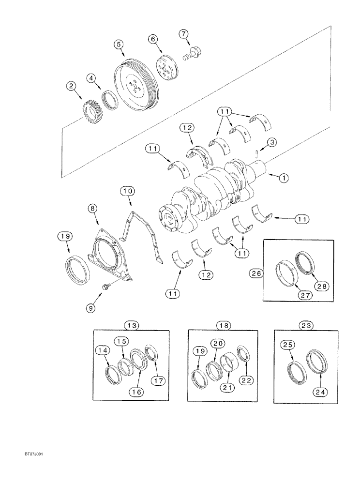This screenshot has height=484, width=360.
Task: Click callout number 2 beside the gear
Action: pos(72,86)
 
